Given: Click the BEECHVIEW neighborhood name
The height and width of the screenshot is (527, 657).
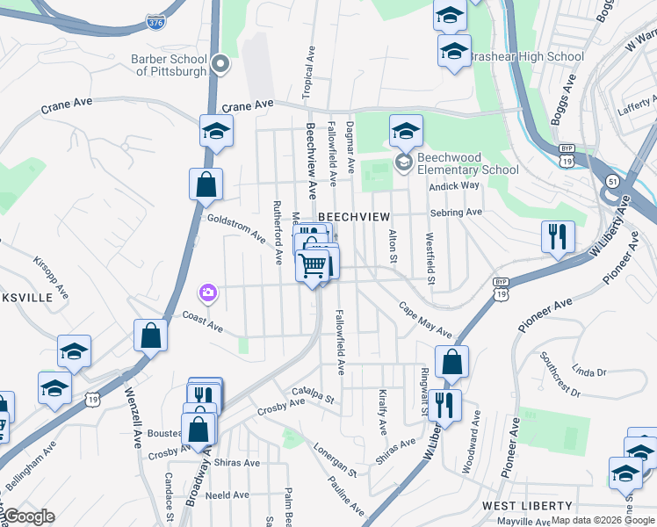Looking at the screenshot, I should tap(353, 216).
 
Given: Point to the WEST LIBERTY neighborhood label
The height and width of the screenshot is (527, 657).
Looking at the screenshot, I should tap(527, 507).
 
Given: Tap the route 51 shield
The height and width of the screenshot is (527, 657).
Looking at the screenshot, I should tap(612, 180).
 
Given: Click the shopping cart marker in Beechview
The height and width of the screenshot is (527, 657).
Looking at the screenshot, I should tap(313, 263).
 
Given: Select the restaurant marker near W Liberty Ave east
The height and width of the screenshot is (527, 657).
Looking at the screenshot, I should tap(558, 236).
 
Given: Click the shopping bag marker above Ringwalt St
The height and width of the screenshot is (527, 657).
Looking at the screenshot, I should tap(451, 362).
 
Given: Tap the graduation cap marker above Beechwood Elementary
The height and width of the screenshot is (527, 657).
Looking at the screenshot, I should tap(406, 132).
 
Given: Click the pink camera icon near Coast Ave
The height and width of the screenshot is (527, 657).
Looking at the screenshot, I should tap(207, 292).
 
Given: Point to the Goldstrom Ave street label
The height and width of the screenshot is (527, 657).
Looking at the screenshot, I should tap(235, 227).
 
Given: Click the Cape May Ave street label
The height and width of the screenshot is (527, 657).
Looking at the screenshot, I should tap(425, 321).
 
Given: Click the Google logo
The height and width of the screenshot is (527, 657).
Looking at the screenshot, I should tap(28, 516).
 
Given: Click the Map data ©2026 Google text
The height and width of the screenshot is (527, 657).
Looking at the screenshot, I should tap(602, 521).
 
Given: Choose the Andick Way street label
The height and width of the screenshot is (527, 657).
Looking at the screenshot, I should tap(454, 186).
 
